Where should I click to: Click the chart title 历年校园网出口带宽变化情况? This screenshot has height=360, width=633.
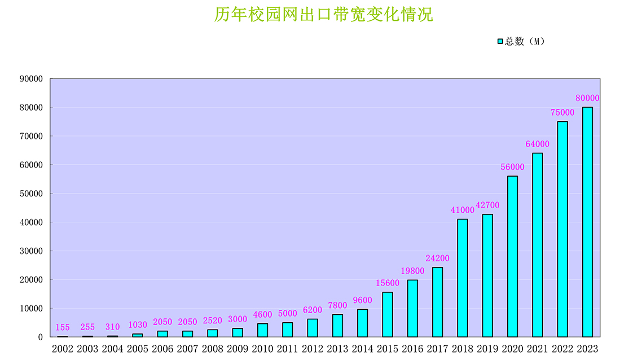pos(323,15)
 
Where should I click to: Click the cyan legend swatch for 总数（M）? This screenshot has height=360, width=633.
pos(500,41)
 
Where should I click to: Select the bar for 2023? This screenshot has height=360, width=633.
pos(587,222)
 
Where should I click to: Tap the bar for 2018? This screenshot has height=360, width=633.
pos(463,278)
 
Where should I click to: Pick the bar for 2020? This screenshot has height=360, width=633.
pos(512,256)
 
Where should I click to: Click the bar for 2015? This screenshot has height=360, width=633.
pos(388,314)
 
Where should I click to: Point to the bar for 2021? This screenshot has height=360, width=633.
pos(538,245)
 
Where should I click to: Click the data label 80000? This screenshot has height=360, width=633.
pos(587,98)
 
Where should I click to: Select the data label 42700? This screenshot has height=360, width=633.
pos(487,205)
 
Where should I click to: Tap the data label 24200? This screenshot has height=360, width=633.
pos(437,258)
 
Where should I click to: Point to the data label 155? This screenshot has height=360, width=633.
pos(63,327)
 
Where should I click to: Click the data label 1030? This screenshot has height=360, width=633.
pos(138,325)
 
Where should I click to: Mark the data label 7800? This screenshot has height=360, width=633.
pos(337,306)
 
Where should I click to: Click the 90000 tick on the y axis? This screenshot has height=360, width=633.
pos(31,79)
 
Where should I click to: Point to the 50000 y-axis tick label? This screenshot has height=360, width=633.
pos(31,194)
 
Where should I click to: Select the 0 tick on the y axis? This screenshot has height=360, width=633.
pos(40,337)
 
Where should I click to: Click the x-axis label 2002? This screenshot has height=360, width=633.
pos(63,349)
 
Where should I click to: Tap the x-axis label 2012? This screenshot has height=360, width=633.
pos(313,349)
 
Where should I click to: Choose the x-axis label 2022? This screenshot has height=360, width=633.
pos(562,349)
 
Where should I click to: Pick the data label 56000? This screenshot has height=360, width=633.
pos(512,167)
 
